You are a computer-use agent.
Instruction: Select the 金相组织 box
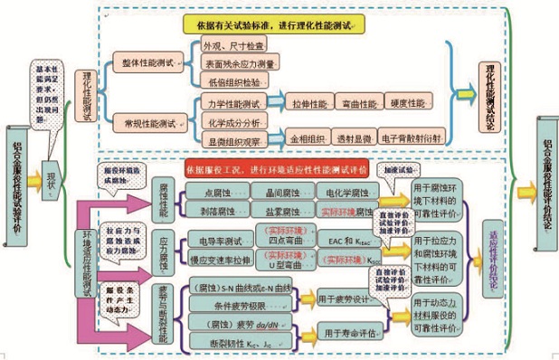(308, 138)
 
